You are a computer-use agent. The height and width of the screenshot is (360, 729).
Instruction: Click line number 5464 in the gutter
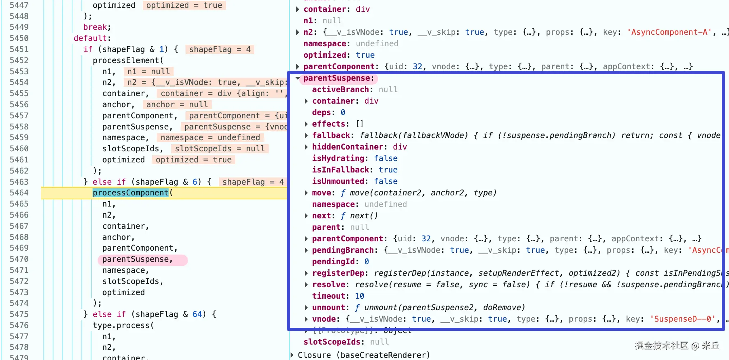pos(19,193)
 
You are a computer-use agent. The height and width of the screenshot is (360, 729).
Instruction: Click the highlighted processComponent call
pos(131,193)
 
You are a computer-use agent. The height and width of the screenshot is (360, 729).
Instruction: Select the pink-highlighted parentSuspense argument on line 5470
pos(137,259)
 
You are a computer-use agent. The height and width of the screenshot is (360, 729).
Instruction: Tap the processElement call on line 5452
pos(126,60)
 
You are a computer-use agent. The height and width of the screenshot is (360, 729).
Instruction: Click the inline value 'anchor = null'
pos(177,104)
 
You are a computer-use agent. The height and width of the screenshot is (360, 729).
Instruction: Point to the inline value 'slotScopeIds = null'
pos(220,149)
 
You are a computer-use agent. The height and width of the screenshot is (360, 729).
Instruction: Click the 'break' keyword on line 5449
pos(95,27)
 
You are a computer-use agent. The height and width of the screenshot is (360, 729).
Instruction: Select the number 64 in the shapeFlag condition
pos(197,314)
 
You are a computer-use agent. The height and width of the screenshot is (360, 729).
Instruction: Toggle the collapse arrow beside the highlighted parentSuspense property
pos(298,78)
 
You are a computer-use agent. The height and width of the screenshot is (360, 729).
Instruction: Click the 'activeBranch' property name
pos(340,90)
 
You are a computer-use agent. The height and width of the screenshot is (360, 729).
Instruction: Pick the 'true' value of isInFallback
pos(388,170)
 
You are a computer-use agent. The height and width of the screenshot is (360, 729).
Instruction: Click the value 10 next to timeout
pos(359,296)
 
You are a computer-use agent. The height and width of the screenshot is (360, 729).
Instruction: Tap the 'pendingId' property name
pos(333,262)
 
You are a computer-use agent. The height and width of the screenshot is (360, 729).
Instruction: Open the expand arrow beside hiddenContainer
pos(306,147)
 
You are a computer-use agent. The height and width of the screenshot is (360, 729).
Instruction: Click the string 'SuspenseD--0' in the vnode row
pos(683,319)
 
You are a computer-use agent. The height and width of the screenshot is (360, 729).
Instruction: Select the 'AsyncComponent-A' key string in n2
pos(669,32)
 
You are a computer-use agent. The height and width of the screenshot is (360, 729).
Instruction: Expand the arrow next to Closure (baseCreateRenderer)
pos(292,355)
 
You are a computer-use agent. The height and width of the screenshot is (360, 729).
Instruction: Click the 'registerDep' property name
pos(338,273)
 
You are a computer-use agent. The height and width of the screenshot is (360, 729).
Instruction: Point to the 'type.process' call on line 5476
pos(121,326)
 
